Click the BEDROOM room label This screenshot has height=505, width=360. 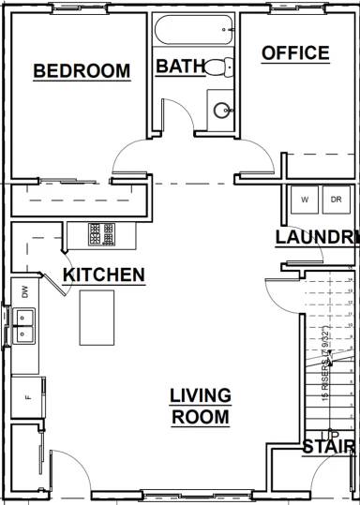click(x=81, y=71)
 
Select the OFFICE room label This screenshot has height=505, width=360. click(x=295, y=53)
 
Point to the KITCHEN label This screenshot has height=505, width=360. click(x=103, y=275)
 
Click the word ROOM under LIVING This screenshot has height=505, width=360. click(x=201, y=417)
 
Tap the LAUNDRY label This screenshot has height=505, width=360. click(x=317, y=238)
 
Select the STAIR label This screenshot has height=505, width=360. click(x=329, y=448)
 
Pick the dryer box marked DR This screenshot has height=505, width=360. click(x=336, y=200)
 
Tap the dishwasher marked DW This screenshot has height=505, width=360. click(x=24, y=291)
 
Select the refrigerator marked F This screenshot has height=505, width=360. click(x=27, y=395)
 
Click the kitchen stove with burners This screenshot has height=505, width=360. click(x=101, y=233)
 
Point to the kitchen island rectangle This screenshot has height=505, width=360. click(x=97, y=317)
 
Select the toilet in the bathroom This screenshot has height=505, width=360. click(x=217, y=67)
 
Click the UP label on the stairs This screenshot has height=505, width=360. click(x=329, y=434)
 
